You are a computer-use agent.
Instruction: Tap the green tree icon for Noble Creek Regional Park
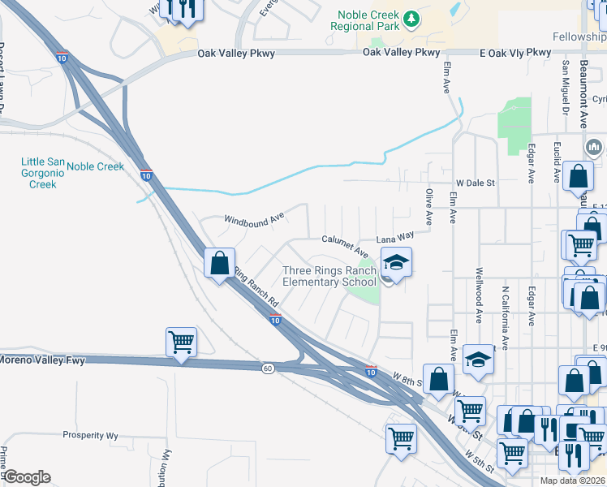[412, 16]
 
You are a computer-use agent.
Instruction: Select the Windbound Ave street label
[254, 219]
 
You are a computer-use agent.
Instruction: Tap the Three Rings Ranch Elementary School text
[329, 276]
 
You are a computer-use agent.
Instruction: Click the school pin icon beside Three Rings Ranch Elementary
[396, 263]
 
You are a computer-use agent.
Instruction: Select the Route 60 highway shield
[268, 368]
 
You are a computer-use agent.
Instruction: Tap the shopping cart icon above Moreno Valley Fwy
[181, 341]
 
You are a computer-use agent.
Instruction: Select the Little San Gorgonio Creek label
[38, 173]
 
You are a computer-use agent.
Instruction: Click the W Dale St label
[475, 183]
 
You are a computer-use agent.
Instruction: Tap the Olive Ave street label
[428, 207]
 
